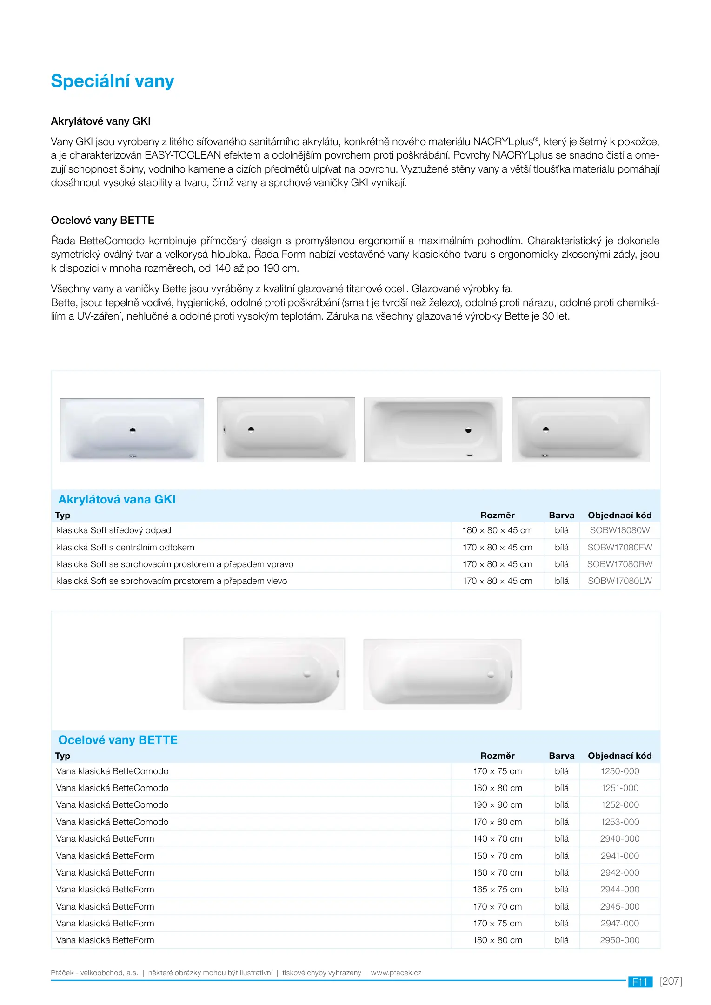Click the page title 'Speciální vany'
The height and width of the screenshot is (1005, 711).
tap(112, 81)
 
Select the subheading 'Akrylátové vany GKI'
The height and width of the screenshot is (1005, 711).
tap(100, 121)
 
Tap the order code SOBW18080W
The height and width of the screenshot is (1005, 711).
tap(619, 530)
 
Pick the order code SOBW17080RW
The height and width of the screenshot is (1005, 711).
tap(619, 564)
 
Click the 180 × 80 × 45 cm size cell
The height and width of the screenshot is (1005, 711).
tap(497, 530)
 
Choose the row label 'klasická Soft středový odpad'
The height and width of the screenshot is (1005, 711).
tap(113, 530)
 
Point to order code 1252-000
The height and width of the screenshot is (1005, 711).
tap(619, 805)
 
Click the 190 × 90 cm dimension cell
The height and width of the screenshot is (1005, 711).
tap(497, 805)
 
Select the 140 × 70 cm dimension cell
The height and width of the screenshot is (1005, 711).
tap(497, 839)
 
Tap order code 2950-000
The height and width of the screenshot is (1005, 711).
tap(619, 940)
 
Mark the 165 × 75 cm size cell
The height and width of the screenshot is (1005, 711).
tap(497, 890)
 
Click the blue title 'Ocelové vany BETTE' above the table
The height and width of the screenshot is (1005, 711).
tap(118, 740)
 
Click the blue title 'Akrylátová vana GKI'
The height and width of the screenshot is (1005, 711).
tap(117, 500)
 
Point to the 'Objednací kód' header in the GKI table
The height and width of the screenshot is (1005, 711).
tap(619, 516)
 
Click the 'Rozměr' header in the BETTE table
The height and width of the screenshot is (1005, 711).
tap(497, 756)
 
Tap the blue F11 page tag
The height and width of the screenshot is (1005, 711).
tap(640, 982)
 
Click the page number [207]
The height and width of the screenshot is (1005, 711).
tap(671, 981)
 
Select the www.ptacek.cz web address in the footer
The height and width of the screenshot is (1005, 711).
tap(396, 973)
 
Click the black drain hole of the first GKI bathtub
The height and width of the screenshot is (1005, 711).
tap(133, 430)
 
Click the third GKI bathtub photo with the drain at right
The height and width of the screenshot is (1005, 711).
tap(432, 430)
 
